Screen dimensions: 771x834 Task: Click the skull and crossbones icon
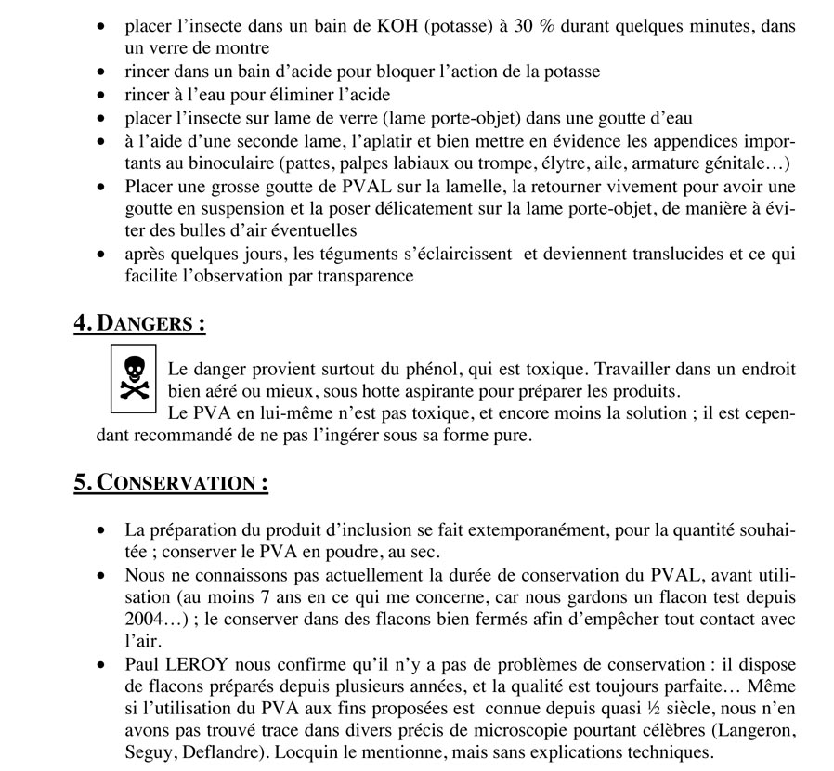pyautogui.click(x=134, y=378)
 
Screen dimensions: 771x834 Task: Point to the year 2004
pyautogui.click(x=146, y=618)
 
